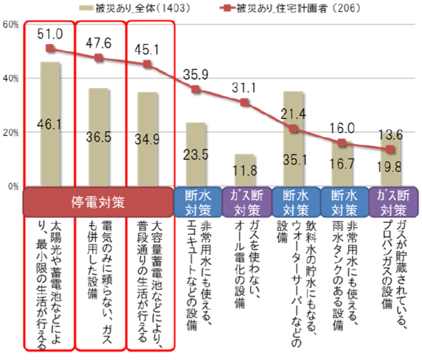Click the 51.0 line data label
pyautogui.click(x=51, y=34)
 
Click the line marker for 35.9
pyautogui.click(x=196, y=89)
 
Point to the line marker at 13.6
pyautogui.click(x=391, y=150)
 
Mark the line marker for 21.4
pyautogui.click(x=293, y=129)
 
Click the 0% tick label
pyautogui.click(x=13, y=187)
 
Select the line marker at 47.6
pyautogui.click(x=99, y=58)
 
